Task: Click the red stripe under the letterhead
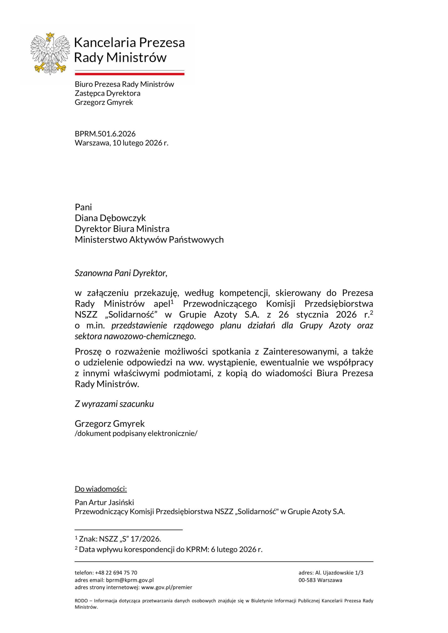(129, 74)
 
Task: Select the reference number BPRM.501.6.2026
(105, 134)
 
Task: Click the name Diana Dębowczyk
(110, 218)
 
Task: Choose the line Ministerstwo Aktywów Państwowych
(149, 240)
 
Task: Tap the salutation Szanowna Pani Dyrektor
(121, 273)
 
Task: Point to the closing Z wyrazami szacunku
(114, 404)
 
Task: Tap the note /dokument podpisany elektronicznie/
(136, 433)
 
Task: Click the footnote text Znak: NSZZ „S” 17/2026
(120, 539)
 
